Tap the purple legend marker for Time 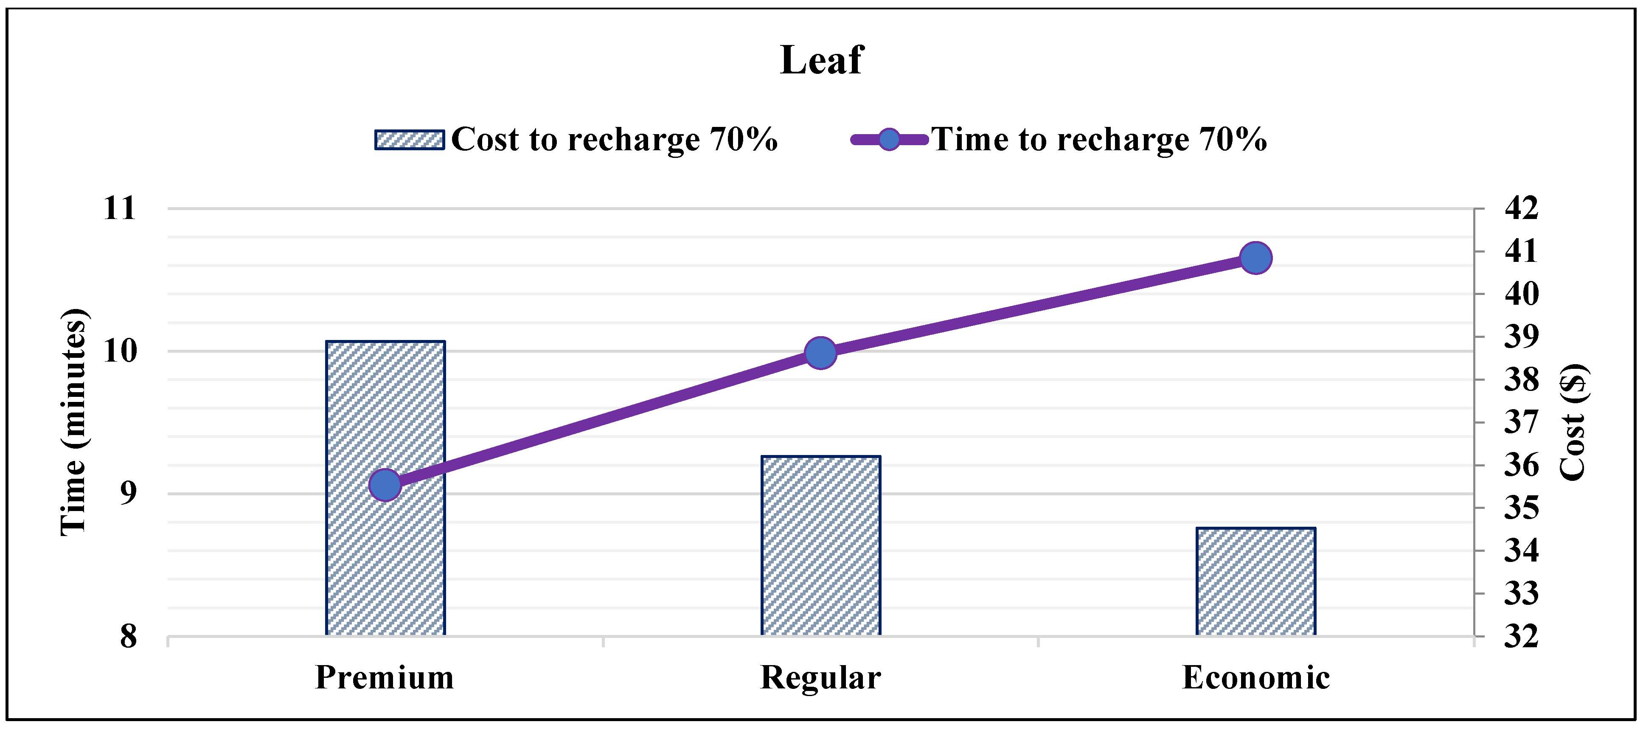889,139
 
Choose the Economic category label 1255,677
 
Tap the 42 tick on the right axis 1521,208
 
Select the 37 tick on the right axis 1521,422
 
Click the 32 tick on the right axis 1521,636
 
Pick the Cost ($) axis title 1573,422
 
